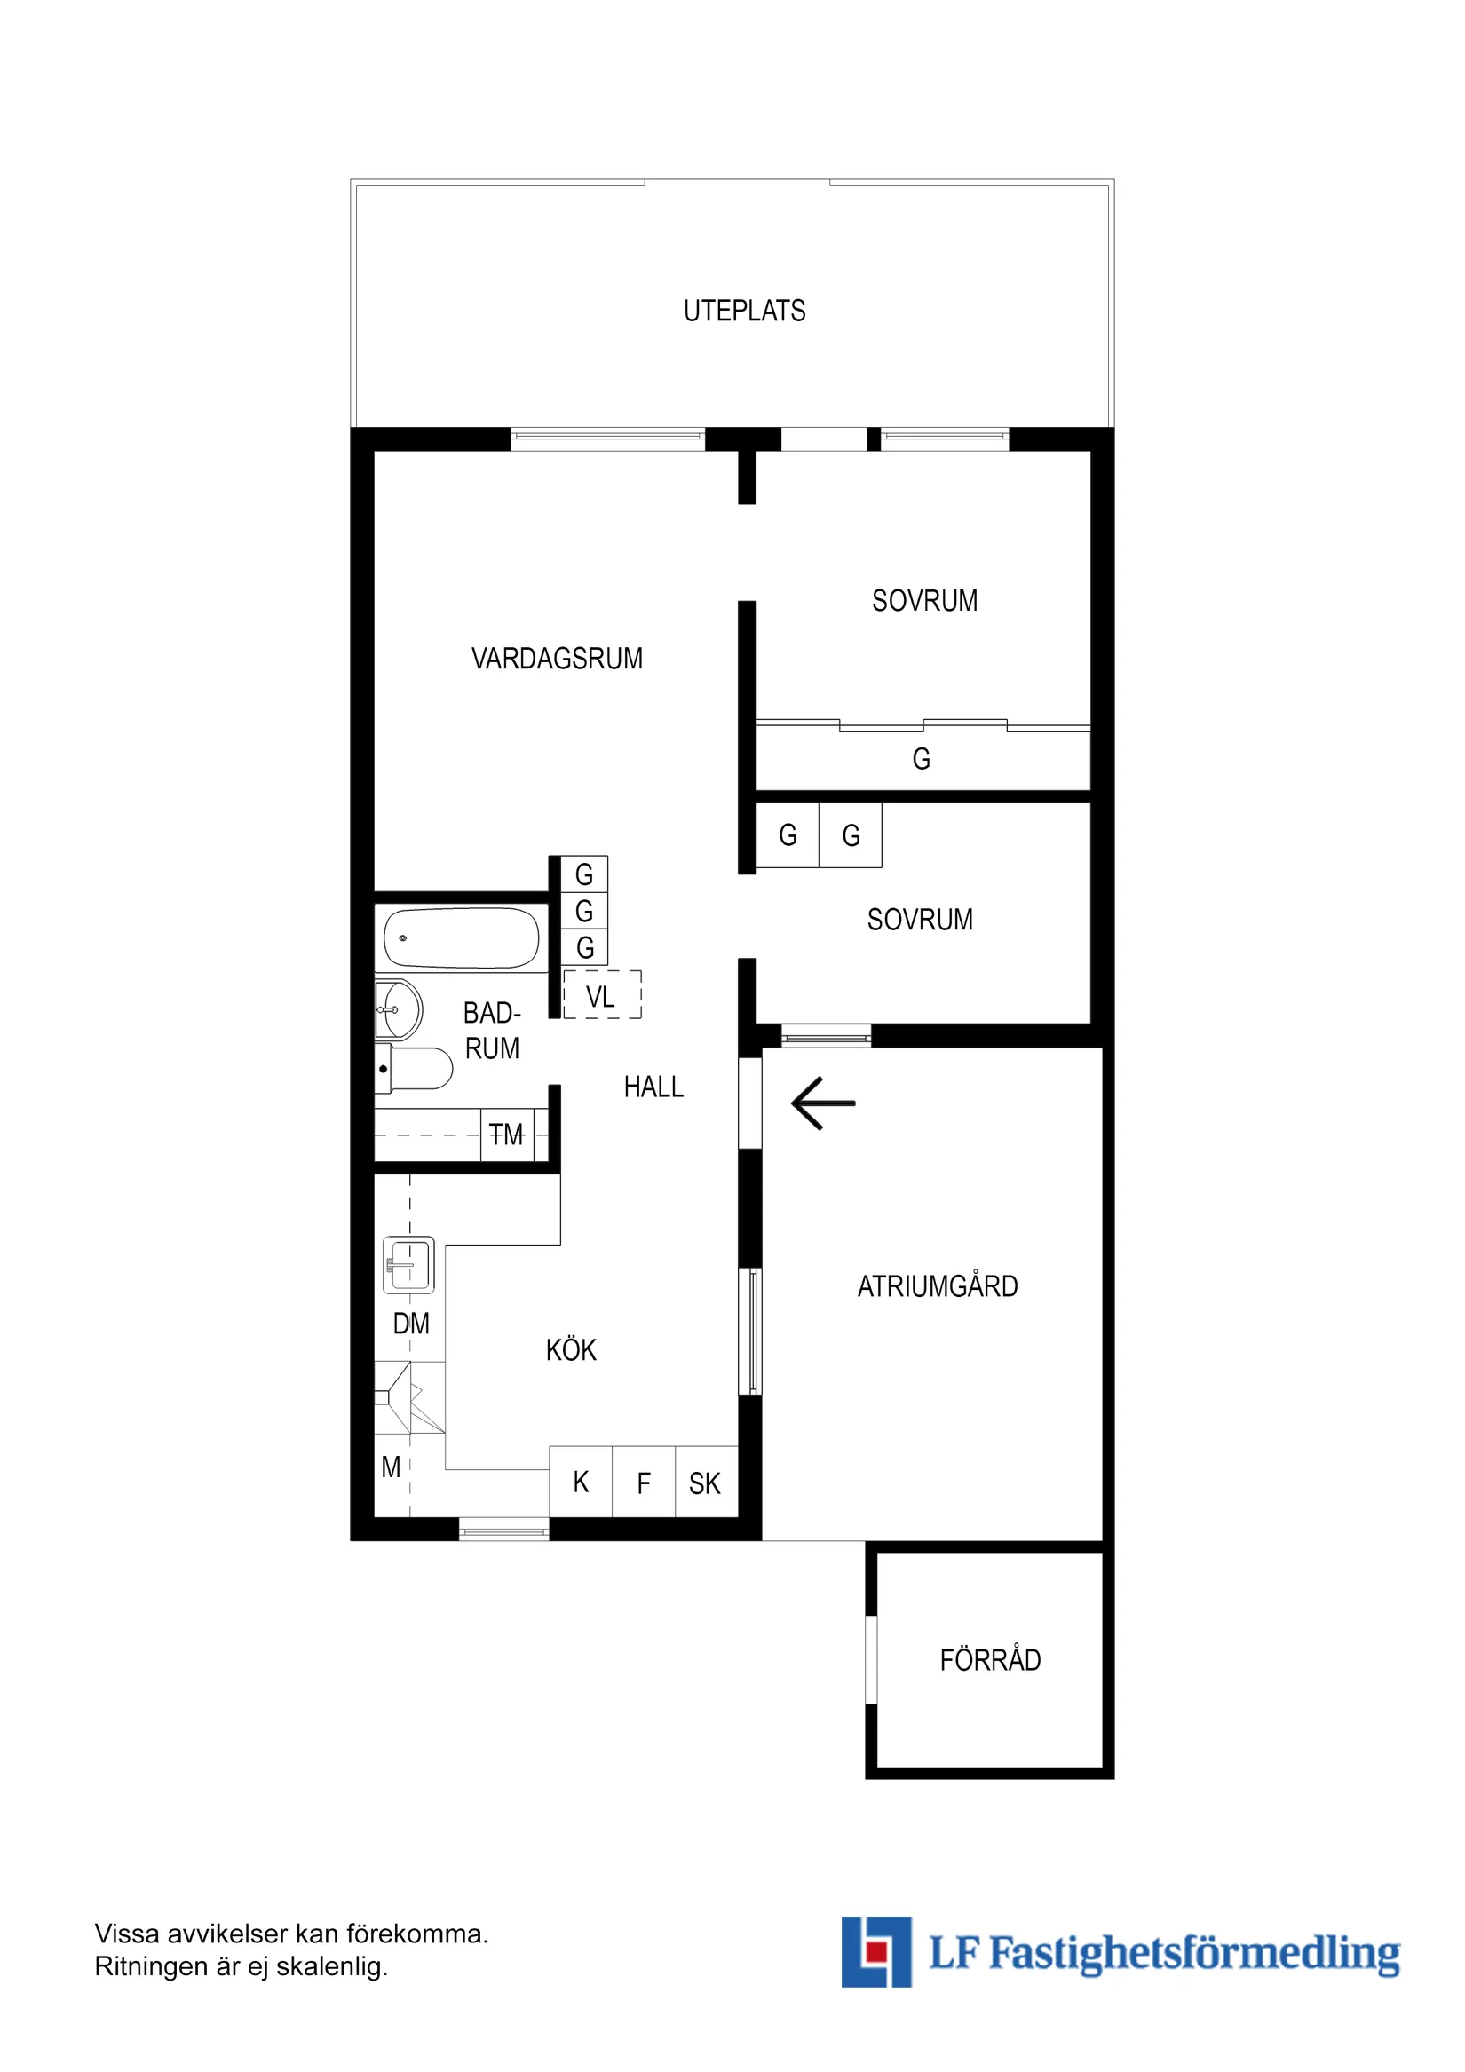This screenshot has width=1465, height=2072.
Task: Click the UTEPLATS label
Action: click(x=744, y=311)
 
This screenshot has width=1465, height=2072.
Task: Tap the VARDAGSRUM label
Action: click(x=557, y=659)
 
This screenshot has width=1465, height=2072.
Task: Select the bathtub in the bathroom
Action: click(x=462, y=938)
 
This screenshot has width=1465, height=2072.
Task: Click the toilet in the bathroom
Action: click(x=416, y=1070)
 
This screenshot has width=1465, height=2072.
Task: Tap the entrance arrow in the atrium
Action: click(x=822, y=1103)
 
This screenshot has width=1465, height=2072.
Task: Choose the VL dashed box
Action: click(x=602, y=995)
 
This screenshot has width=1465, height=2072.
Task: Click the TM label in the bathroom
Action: click(x=506, y=1135)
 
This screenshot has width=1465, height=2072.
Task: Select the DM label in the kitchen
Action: click(x=411, y=1324)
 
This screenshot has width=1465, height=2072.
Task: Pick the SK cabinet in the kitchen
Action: click(x=706, y=1483)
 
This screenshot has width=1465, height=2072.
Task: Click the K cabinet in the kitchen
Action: click(x=581, y=1483)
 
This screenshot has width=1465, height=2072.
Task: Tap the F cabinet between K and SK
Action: click(x=644, y=1483)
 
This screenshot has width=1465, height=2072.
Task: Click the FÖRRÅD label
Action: click(x=990, y=1659)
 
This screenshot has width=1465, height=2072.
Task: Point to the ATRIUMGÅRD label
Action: click(x=937, y=1286)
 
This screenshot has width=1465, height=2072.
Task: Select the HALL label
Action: click(x=653, y=1087)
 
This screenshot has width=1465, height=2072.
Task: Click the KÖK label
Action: click(x=571, y=1350)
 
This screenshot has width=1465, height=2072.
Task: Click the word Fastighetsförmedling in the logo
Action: click(x=1194, y=1954)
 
